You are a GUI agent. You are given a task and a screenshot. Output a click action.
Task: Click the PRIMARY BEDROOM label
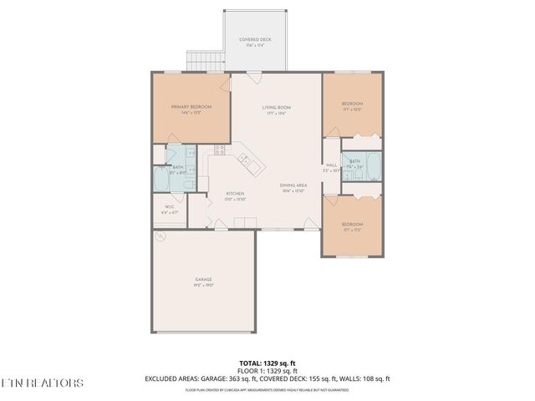[x=191, y=107]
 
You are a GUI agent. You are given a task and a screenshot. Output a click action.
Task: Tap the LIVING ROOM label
[x=276, y=107]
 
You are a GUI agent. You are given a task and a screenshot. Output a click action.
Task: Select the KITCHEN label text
[x=235, y=194]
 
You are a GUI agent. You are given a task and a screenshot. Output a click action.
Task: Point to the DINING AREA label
[x=294, y=185]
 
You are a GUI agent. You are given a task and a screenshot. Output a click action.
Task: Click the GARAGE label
[x=204, y=279]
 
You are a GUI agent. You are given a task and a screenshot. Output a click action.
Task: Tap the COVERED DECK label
[x=254, y=39]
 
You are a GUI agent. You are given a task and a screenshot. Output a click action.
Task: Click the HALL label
[x=331, y=165]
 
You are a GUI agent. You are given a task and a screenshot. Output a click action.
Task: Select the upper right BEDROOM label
[x=352, y=104]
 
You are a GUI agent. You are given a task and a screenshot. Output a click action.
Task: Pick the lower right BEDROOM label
[x=352, y=224]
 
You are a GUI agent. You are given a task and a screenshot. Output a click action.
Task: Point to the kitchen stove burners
[x=220, y=150]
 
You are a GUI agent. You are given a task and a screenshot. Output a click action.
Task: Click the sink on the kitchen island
[x=244, y=156]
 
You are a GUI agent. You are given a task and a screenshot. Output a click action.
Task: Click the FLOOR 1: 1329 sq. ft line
[x=267, y=370]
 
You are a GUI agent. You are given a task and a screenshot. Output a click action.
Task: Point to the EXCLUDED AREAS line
[x=267, y=378]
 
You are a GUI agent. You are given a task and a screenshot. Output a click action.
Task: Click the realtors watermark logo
[x=42, y=383]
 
